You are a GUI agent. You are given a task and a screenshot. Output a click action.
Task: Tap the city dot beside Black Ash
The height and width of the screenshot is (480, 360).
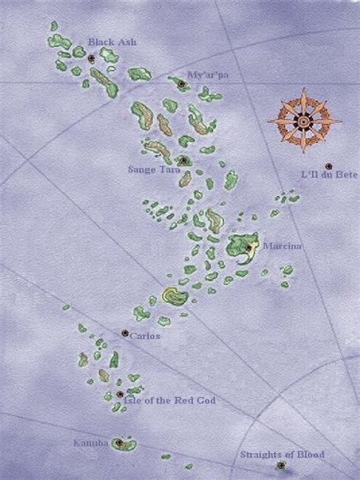(91, 57)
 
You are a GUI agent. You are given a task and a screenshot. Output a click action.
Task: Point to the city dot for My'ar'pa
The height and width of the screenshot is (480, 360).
(182, 84)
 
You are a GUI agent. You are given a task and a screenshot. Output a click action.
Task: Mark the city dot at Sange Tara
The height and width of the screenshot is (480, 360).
(183, 160)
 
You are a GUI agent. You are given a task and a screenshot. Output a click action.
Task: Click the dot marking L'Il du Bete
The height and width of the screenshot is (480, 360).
(328, 166)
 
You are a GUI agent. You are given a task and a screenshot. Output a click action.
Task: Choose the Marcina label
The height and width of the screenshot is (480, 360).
(277, 247)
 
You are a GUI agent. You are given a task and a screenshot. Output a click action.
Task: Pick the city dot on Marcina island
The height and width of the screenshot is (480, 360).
(249, 247)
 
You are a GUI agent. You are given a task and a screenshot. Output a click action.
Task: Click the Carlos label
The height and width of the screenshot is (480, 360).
(144, 336)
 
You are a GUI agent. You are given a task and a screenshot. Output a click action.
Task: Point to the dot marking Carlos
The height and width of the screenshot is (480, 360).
(125, 333)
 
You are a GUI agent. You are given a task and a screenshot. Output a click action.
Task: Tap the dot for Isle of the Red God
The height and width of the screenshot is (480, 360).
(120, 394)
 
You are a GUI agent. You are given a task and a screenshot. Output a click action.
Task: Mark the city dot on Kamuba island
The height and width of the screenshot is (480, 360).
(118, 442)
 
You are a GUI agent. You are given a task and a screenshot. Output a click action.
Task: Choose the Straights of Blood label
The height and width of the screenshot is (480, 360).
(283, 454)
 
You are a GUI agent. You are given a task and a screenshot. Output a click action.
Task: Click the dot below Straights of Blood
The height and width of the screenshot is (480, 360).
(280, 465)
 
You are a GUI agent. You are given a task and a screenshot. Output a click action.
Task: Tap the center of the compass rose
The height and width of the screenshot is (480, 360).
(303, 119)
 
